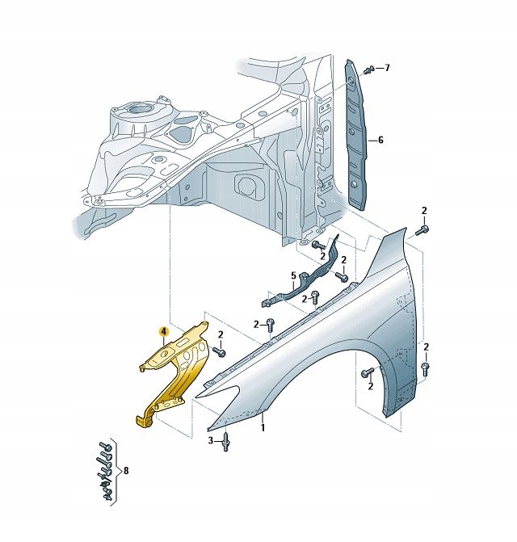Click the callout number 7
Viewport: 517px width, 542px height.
[387, 68]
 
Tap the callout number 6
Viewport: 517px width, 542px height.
[380, 140]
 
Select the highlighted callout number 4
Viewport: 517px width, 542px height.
[163, 331]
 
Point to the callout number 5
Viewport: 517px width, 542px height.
[294, 275]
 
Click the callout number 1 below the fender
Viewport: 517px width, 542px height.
[262, 428]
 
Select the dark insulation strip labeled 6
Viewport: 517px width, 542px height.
[357, 137]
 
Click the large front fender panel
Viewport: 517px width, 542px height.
[355, 315]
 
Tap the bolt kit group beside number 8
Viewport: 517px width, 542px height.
[103, 472]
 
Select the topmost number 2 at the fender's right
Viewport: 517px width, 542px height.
[424, 211]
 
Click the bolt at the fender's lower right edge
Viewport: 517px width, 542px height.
[426, 369]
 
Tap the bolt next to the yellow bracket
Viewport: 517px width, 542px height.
[217, 351]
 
